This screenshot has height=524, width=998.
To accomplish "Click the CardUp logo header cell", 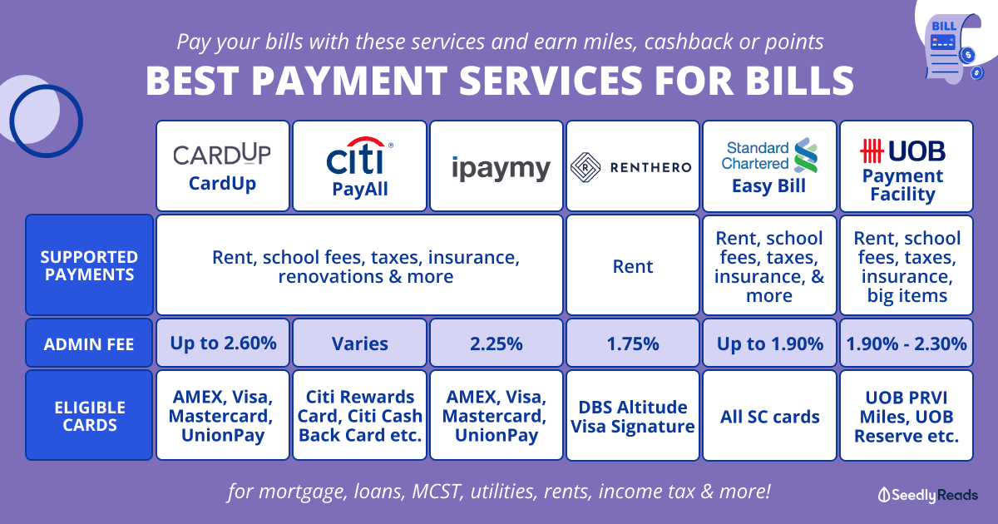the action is [x=223, y=166].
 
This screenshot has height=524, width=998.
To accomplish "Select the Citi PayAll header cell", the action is [x=359, y=166].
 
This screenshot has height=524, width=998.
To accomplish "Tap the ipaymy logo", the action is [x=501, y=169].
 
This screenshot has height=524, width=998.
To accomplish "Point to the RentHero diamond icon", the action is [x=585, y=167].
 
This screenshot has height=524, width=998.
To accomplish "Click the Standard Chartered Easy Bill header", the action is [x=769, y=166].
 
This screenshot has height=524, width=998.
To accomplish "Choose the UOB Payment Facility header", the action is [x=907, y=166].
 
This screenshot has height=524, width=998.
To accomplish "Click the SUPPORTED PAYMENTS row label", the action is [x=89, y=265].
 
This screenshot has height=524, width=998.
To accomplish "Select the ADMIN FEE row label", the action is [x=89, y=343].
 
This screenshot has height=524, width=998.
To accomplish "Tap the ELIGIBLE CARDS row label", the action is [x=89, y=415].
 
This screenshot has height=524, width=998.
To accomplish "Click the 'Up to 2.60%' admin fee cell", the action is [x=223, y=343].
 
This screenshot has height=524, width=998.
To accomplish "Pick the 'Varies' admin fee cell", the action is [x=359, y=343].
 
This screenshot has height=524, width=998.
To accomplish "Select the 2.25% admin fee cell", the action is [x=497, y=343].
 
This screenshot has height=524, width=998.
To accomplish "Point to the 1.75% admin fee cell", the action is [x=633, y=343].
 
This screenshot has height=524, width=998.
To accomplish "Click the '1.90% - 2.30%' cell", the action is [x=907, y=343].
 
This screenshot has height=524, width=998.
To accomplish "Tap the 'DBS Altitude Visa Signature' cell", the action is [x=633, y=416].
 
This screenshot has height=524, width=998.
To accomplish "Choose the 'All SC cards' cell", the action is [x=769, y=416].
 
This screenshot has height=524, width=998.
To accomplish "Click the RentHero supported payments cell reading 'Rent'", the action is [x=633, y=265].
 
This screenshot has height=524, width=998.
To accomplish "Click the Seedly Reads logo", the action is [x=927, y=495].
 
